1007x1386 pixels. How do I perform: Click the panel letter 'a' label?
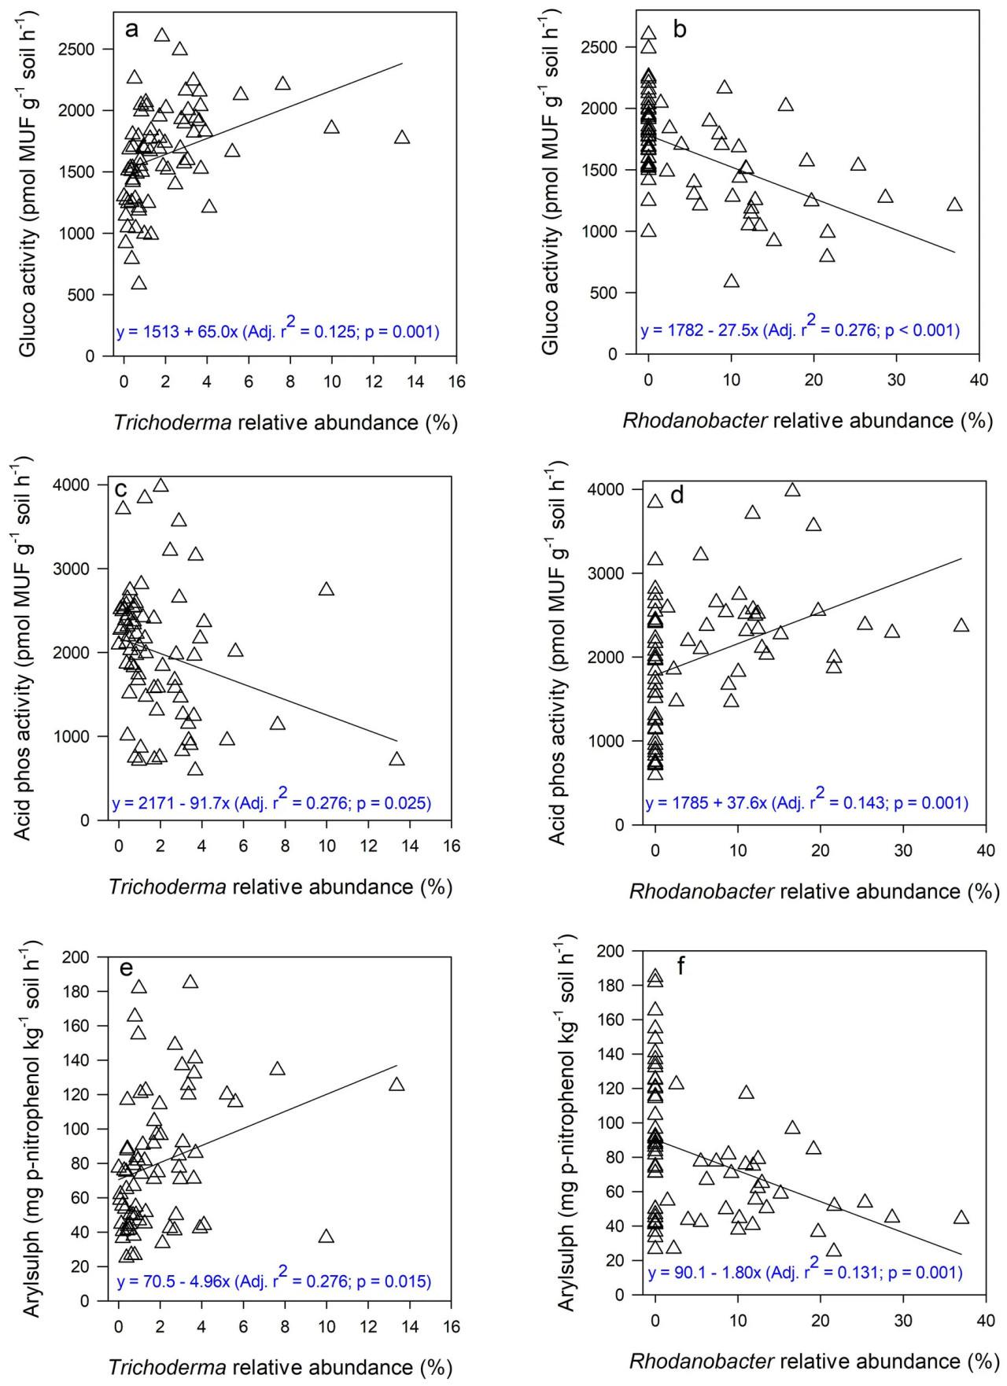click(131, 30)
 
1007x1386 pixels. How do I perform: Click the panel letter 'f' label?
click(681, 965)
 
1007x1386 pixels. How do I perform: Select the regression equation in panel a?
click(278, 330)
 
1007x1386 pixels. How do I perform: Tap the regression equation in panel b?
click(800, 329)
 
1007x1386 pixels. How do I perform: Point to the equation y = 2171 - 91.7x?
click(272, 802)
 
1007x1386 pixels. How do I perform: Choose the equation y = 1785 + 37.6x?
click(806, 802)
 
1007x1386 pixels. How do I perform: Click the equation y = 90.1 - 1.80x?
click(805, 1272)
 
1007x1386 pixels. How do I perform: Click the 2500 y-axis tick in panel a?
click(76, 49)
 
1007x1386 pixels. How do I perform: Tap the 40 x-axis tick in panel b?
click(979, 380)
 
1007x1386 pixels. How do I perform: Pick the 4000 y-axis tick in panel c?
click(72, 485)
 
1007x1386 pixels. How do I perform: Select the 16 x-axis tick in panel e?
click(452, 1326)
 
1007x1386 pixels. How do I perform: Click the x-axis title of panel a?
click(286, 422)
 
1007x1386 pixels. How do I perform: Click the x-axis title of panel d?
click(814, 891)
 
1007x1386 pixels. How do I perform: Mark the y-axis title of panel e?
click(31, 1129)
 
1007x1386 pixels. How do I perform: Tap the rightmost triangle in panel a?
click(402, 138)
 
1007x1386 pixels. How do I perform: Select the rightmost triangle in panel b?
click(954, 205)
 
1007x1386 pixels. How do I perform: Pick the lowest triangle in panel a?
click(138, 283)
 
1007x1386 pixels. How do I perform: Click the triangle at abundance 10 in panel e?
click(326, 1237)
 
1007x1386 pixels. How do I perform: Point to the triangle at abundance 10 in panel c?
click(326, 589)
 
